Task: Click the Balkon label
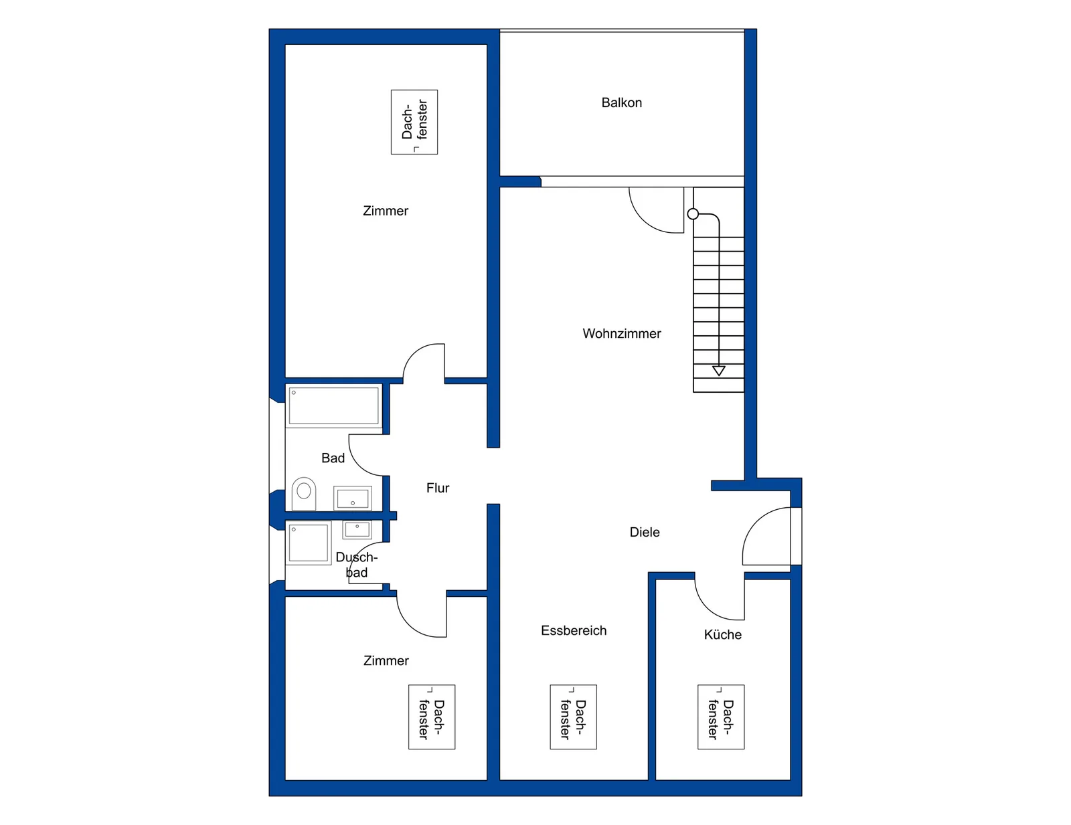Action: [x=621, y=102]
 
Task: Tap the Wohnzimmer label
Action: [x=621, y=333]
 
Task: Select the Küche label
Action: [x=722, y=634]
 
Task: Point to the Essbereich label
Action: [x=574, y=630]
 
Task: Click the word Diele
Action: [x=644, y=532]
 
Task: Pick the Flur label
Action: [x=438, y=488]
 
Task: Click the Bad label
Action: [x=333, y=458]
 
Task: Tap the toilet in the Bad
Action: [x=304, y=494]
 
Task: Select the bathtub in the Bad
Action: [x=333, y=406]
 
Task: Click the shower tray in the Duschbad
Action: [x=309, y=543]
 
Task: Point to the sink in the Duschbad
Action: [x=357, y=530]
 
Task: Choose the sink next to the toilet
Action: [x=353, y=498]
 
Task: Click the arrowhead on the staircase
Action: [x=719, y=371]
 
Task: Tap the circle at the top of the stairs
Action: [x=693, y=213]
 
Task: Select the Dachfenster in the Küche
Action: [x=721, y=717]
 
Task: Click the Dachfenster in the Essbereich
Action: [x=573, y=717]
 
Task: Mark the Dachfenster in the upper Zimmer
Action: [x=414, y=122]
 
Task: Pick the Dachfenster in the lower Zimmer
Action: [x=432, y=717]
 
